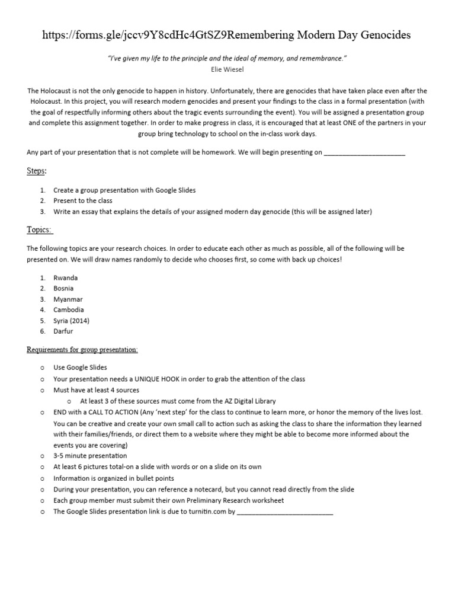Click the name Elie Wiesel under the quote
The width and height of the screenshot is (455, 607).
(x=227, y=69)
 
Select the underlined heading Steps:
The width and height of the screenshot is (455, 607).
(x=36, y=171)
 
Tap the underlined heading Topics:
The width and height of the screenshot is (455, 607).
(x=39, y=229)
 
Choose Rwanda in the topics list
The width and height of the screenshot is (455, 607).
(x=65, y=277)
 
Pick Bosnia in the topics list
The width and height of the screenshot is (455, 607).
(x=63, y=288)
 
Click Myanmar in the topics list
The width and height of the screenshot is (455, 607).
(x=68, y=299)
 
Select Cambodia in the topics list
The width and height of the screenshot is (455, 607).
(x=69, y=309)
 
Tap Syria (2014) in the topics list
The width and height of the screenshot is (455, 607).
(x=71, y=320)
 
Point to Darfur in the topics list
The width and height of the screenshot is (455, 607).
(x=63, y=331)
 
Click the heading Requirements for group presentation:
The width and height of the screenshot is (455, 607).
(x=82, y=350)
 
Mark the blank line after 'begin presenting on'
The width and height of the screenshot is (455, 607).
(x=365, y=152)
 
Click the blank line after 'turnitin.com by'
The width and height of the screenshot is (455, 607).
(x=285, y=512)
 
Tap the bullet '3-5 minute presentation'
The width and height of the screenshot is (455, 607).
(x=90, y=456)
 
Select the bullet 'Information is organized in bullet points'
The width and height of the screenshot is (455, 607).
(x=114, y=478)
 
